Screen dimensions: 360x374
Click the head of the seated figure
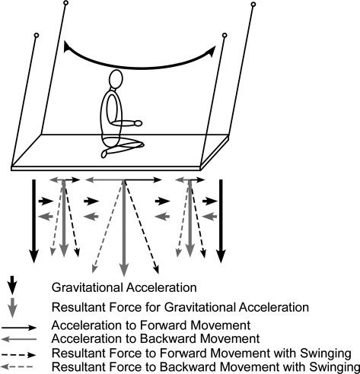[x=116, y=79]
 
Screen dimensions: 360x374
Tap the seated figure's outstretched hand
[x=139, y=123]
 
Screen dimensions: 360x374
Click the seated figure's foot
[x=104, y=154]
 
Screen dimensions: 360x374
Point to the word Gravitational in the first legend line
[x=88, y=287]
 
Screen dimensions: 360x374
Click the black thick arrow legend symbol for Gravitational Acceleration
[x=12, y=285]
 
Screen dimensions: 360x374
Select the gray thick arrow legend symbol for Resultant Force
[x=12, y=307]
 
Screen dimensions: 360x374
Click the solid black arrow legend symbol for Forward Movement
[x=19, y=328]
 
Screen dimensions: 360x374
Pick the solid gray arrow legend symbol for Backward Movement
[x=19, y=339]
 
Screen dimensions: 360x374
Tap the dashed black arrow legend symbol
[x=19, y=355]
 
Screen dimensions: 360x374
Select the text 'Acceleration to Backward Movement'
[x=155, y=338]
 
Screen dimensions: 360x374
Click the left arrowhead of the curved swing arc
[x=67, y=46]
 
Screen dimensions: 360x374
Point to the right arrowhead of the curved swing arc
[x=212, y=52]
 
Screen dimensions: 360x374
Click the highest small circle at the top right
[x=253, y=5]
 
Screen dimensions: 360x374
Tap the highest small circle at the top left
[x=65, y=3]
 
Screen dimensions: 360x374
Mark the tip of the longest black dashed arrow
[x=158, y=273]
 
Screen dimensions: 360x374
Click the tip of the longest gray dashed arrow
[x=93, y=272]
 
